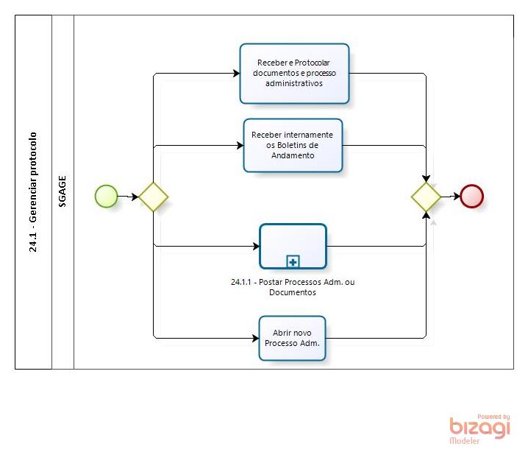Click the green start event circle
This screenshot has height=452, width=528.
coord(107,196)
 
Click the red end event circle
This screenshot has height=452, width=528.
coord(472,196)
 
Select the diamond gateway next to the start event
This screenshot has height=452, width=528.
coord(154,197)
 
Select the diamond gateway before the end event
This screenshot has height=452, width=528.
coord(426,197)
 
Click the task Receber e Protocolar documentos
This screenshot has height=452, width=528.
coord(294,73)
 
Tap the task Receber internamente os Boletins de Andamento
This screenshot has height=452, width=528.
coord(293,145)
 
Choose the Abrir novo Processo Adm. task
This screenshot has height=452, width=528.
coord(292,338)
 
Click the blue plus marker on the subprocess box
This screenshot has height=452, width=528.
coord(293,261)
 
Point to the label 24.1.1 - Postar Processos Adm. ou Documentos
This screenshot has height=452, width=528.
coord(293,287)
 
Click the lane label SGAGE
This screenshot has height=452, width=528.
coord(63,191)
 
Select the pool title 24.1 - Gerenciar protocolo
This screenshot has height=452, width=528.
coord(33,192)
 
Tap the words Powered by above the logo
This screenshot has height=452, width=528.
coord(493,417)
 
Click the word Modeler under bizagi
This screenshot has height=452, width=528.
coord(465,440)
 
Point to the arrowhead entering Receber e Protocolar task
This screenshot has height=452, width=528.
coord(237,73)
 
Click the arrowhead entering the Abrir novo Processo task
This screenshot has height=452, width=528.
coord(256,338)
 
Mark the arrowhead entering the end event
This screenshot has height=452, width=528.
coord(457,196)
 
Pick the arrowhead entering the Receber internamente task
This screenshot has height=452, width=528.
coord(240,145)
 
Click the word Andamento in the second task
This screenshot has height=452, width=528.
coord(293,155)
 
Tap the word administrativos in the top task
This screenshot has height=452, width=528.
coord(294,83)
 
